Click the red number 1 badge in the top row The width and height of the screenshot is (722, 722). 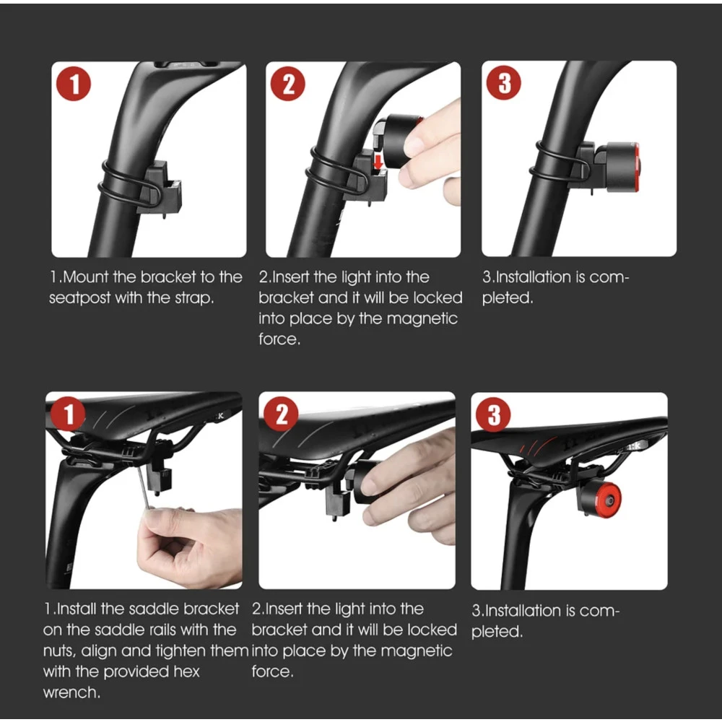coord(73,84)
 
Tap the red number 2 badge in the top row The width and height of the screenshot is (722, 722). coord(288,84)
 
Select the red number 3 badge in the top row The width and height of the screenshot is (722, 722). coord(504,83)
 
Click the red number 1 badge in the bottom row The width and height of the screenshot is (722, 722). coord(68,414)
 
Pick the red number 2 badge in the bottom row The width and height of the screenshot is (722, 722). coord(281,414)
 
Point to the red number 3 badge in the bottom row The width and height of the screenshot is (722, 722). coord(493,414)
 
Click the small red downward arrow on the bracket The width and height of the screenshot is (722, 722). coord(378,162)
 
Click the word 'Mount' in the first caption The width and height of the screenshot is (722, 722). coord(86,277)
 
